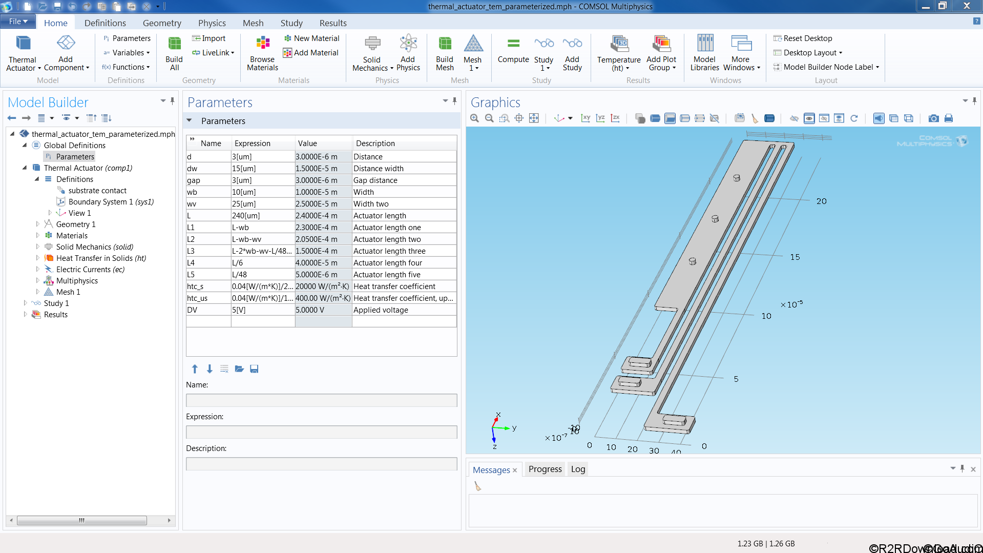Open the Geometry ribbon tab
162,23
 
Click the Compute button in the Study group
513,51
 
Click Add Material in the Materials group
311,53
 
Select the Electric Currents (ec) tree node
90,270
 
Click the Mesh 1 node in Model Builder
68,292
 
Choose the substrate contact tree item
97,191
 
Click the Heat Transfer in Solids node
101,258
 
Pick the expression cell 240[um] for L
246,216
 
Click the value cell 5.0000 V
310,310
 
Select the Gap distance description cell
375,180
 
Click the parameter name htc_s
195,286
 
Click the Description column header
375,144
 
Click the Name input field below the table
321,400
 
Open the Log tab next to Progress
578,469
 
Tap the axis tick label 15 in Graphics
794,257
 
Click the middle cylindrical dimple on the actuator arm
715,219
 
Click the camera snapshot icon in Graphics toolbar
933,118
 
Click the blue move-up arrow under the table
195,369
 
